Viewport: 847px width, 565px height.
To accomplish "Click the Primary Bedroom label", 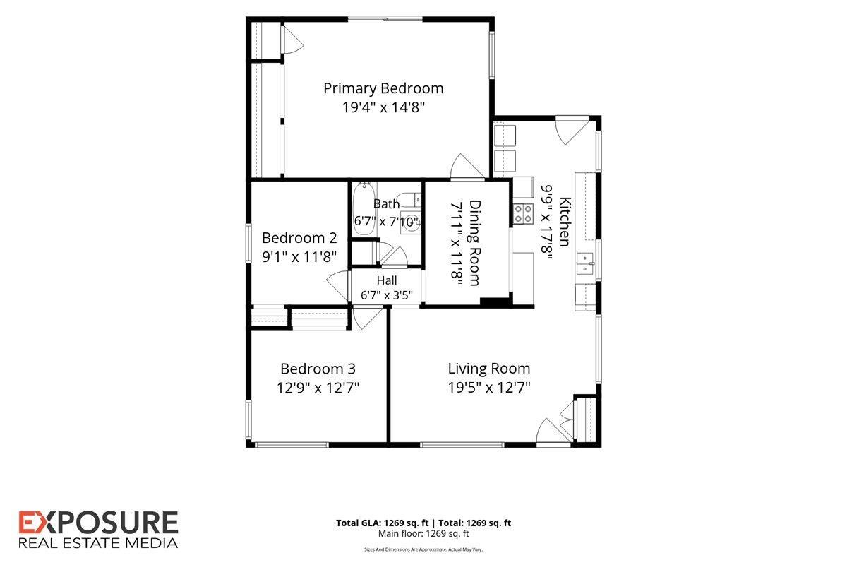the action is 383,88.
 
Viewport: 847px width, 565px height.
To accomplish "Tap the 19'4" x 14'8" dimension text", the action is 383,107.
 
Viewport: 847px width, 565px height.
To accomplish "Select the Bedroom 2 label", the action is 299,238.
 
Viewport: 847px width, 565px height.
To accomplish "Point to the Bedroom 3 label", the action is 318,369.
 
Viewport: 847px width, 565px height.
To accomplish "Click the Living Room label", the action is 489,369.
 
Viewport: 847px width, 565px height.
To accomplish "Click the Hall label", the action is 387,280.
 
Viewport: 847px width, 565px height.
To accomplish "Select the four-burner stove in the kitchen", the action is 523,214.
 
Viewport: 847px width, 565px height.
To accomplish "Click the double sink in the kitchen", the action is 585,263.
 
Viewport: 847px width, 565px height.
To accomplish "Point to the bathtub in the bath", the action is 364,209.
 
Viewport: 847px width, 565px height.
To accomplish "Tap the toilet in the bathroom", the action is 409,200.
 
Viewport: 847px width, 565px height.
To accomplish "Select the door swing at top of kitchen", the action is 572,131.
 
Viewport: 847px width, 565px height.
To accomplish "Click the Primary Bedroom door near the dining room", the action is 467,167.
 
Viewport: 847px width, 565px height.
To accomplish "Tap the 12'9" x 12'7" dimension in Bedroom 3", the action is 318,388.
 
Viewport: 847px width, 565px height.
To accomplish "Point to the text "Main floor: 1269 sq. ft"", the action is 423,534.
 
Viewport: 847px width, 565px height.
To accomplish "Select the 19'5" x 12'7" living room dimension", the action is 489,388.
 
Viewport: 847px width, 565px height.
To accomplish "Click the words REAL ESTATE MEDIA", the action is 98,543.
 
